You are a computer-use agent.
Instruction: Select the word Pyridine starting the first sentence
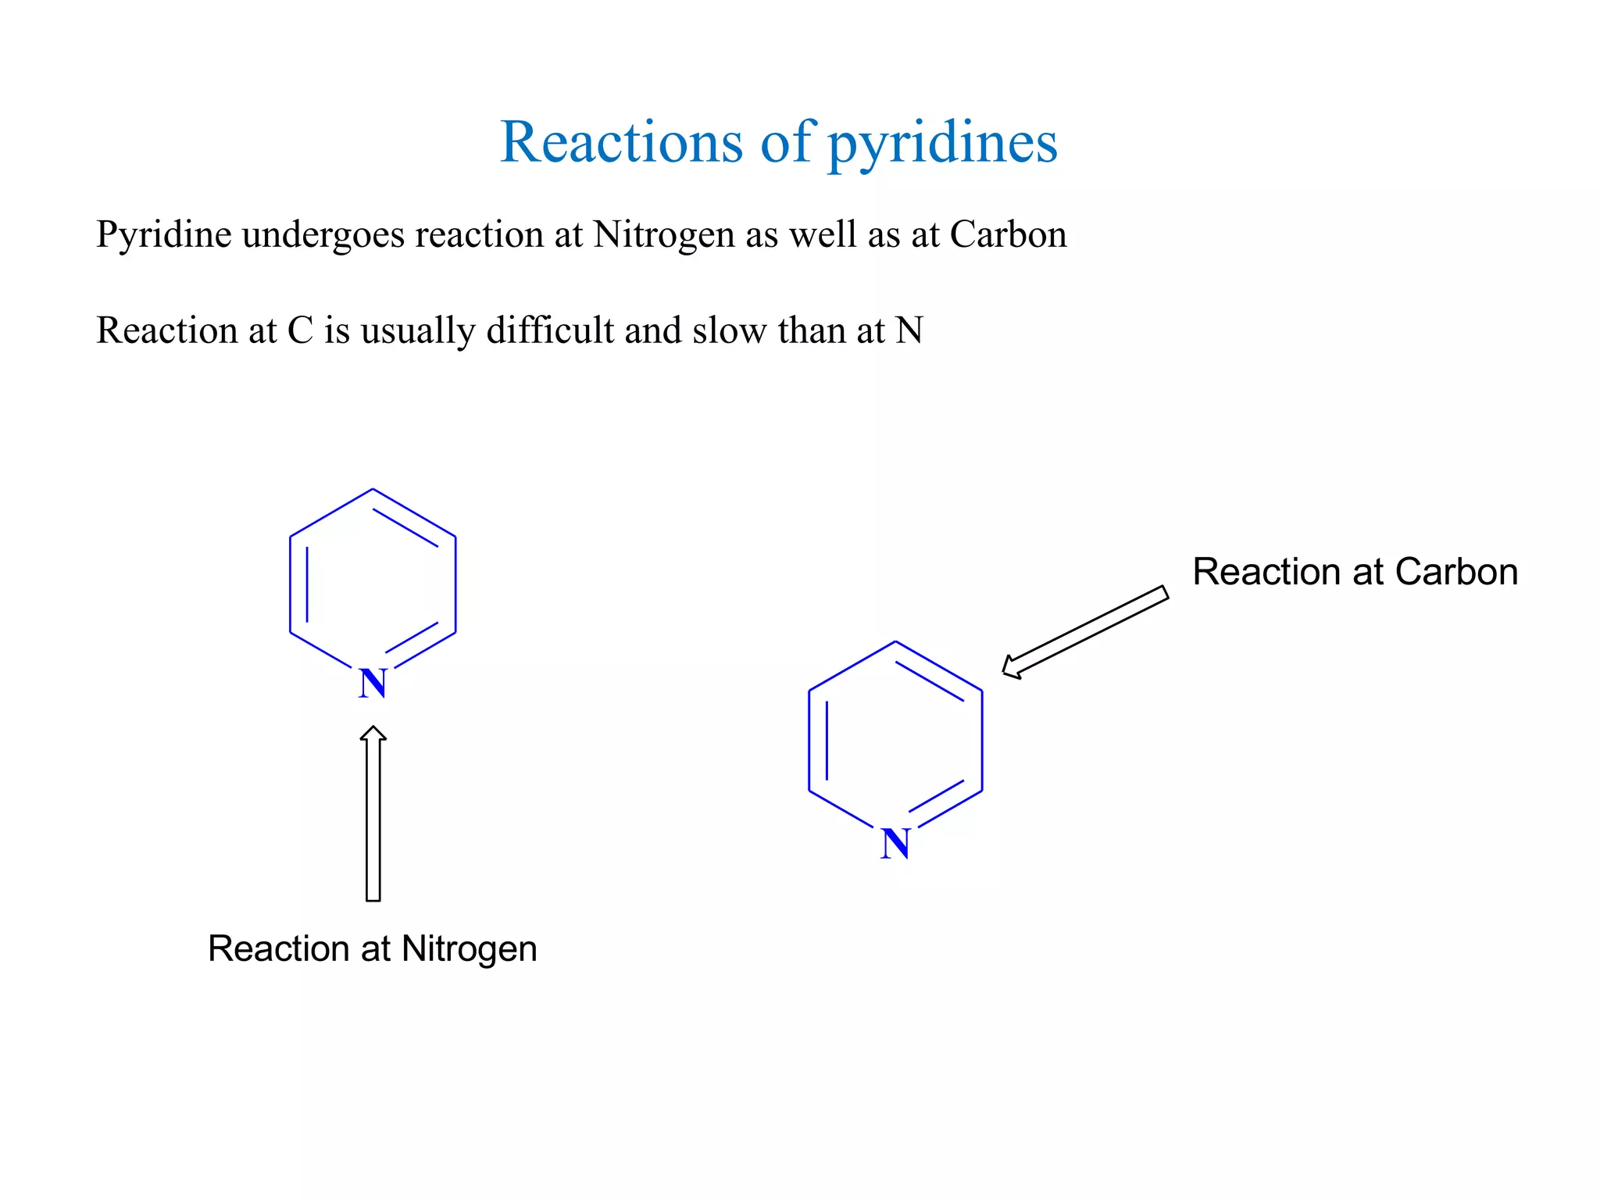163,234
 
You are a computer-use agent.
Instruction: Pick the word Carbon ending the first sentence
1008,234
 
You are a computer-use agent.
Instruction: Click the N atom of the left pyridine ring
373,684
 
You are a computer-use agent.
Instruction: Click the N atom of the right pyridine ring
895,844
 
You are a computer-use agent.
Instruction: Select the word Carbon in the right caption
1456,572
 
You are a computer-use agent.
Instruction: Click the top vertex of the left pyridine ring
373,490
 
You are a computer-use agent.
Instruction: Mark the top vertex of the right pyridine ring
895,642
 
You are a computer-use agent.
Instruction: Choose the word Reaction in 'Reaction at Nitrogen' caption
277,949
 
